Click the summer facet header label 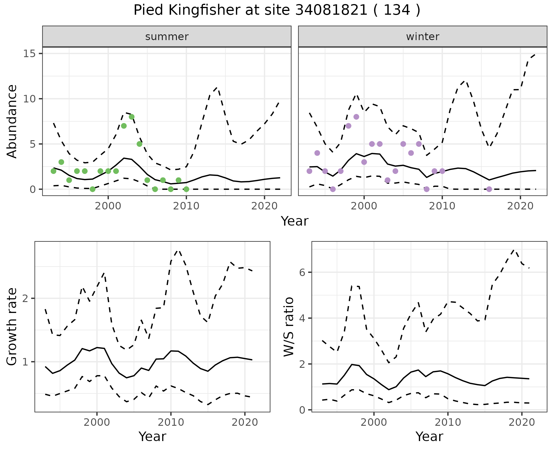click(167, 37)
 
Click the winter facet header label click(422, 37)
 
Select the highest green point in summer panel click(132, 117)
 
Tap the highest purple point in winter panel click(356, 117)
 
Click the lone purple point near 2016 click(489, 189)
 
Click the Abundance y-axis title click(12, 121)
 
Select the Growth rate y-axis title click(12, 327)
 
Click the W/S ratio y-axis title click(289, 327)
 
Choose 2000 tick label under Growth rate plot click(97, 423)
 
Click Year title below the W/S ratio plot click(429, 437)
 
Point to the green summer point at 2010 click(186, 189)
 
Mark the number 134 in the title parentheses click(397, 11)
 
